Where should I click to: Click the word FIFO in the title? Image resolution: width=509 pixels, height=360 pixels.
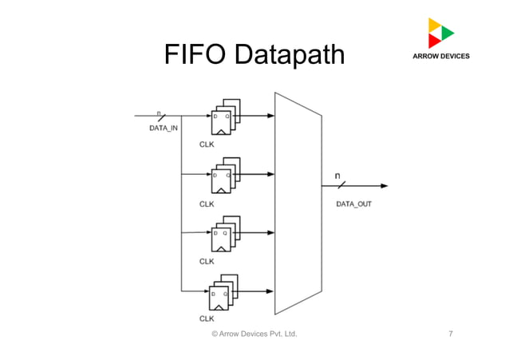pyautogui.click(x=191, y=55)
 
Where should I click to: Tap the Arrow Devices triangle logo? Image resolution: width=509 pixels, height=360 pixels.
pyautogui.click(x=440, y=33)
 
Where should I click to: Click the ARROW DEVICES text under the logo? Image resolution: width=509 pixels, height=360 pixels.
pyautogui.click(x=440, y=57)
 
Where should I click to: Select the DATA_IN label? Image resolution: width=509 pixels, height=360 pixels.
pyautogui.click(x=164, y=128)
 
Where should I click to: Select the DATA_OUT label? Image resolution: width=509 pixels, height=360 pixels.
pyautogui.click(x=353, y=204)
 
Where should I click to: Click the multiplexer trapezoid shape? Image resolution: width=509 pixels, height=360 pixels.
pyautogui.click(x=297, y=203)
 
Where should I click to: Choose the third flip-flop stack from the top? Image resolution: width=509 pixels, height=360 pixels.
pyautogui.click(x=224, y=234)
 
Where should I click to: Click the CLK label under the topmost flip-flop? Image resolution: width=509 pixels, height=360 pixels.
pyautogui.click(x=207, y=145)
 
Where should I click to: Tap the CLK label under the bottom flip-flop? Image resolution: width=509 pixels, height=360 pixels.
pyautogui.click(x=207, y=318)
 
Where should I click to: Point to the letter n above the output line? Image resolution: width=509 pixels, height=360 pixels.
pyautogui.click(x=337, y=175)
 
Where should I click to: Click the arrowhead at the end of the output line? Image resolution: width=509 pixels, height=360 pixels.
pyautogui.click(x=385, y=186)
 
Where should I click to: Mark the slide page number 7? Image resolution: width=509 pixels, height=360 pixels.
pyautogui.click(x=451, y=333)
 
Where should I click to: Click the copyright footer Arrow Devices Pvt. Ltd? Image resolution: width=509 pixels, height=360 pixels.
pyautogui.click(x=254, y=333)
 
